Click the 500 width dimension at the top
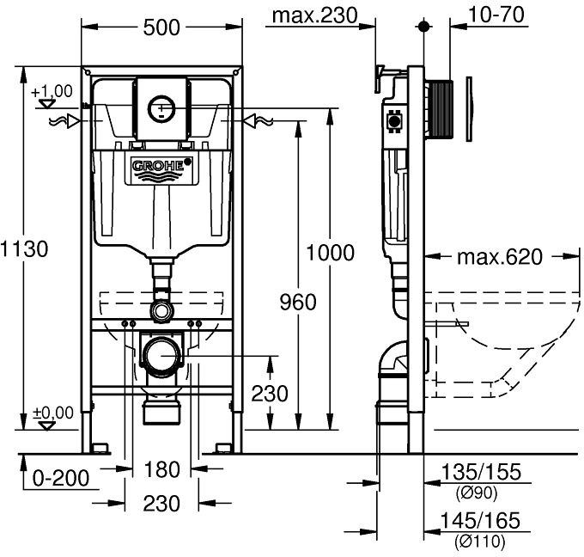(x=161, y=27)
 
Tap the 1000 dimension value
(x=330, y=253)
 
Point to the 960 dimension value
(x=297, y=303)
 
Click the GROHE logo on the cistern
(x=161, y=166)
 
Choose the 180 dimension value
(x=161, y=469)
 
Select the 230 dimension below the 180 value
(x=161, y=504)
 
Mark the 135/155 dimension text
(x=480, y=472)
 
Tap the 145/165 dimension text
(x=480, y=522)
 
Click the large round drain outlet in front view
(x=161, y=354)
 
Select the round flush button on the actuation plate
(x=161, y=107)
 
